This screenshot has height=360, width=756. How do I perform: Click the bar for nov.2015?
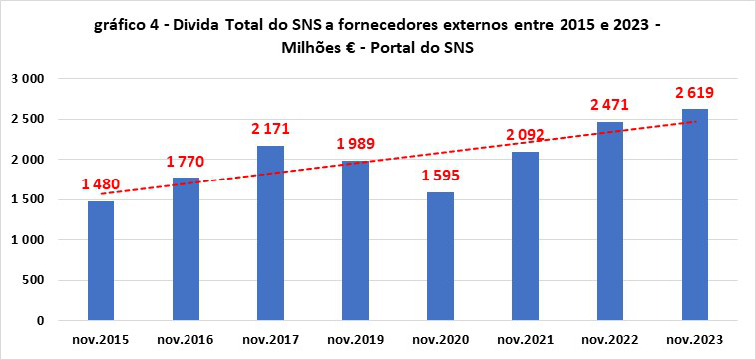click(100, 261)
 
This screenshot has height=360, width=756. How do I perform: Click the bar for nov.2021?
click(525, 236)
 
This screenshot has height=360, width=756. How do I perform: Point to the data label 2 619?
click(694, 93)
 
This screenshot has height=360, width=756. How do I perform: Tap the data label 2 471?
click(610, 105)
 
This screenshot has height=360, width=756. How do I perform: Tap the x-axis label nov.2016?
click(186, 340)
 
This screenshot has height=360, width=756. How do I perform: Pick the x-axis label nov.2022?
click(610, 340)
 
